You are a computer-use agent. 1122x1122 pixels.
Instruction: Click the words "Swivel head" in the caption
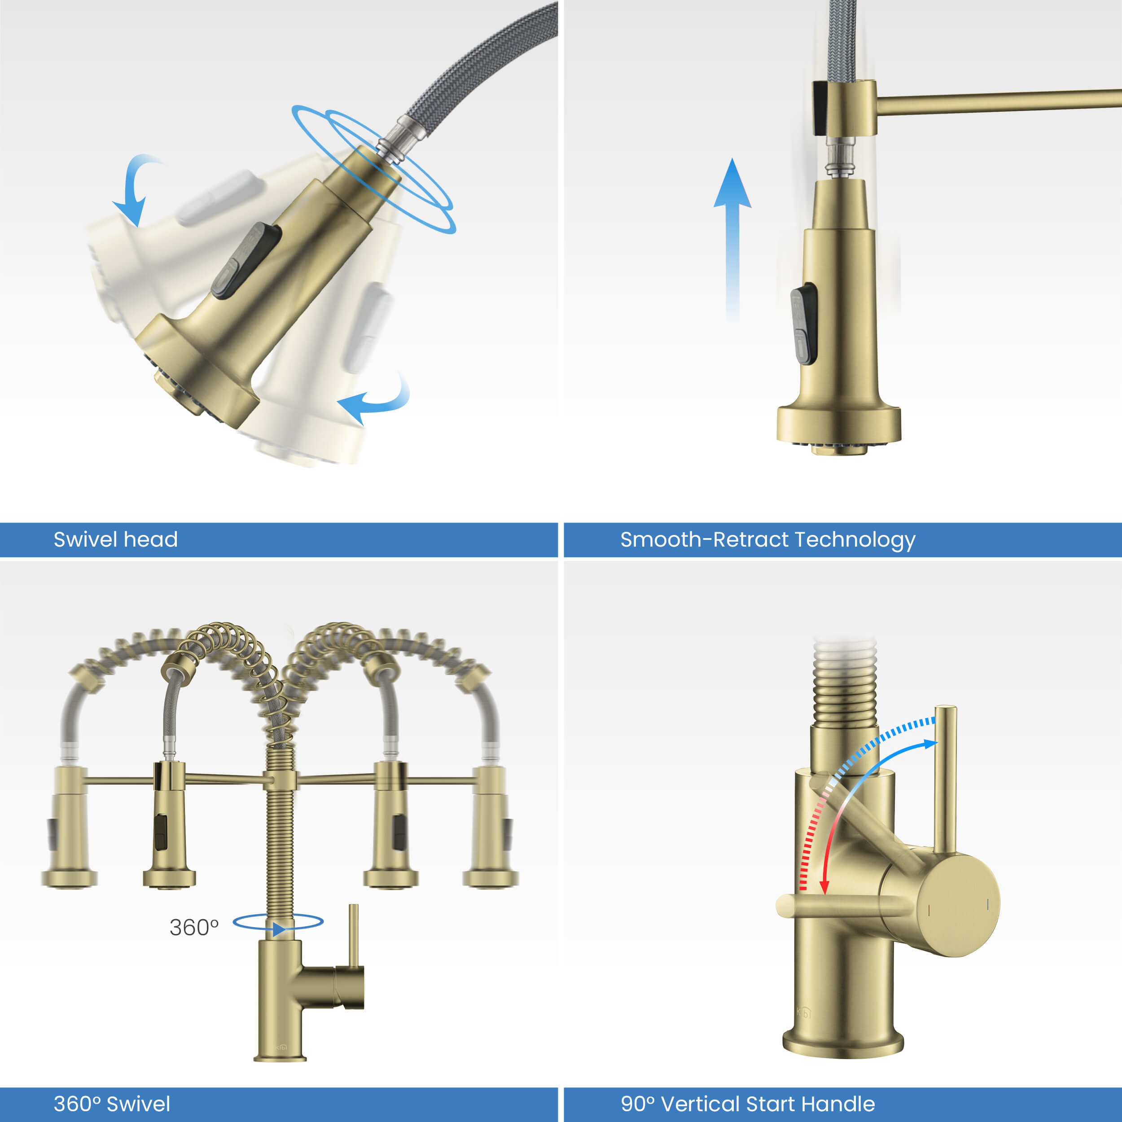click(x=116, y=539)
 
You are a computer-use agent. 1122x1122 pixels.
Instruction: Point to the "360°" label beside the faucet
click(x=194, y=928)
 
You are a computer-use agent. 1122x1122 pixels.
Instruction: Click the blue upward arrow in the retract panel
click(x=732, y=232)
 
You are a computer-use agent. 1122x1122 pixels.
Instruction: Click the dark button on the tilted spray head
click(x=246, y=261)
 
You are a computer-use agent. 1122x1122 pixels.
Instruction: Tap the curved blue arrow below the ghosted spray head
click(x=375, y=401)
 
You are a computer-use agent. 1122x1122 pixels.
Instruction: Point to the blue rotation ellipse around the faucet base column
click(x=278, y=922)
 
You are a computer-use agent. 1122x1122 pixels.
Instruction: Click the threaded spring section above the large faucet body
click(x=844, y=691)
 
